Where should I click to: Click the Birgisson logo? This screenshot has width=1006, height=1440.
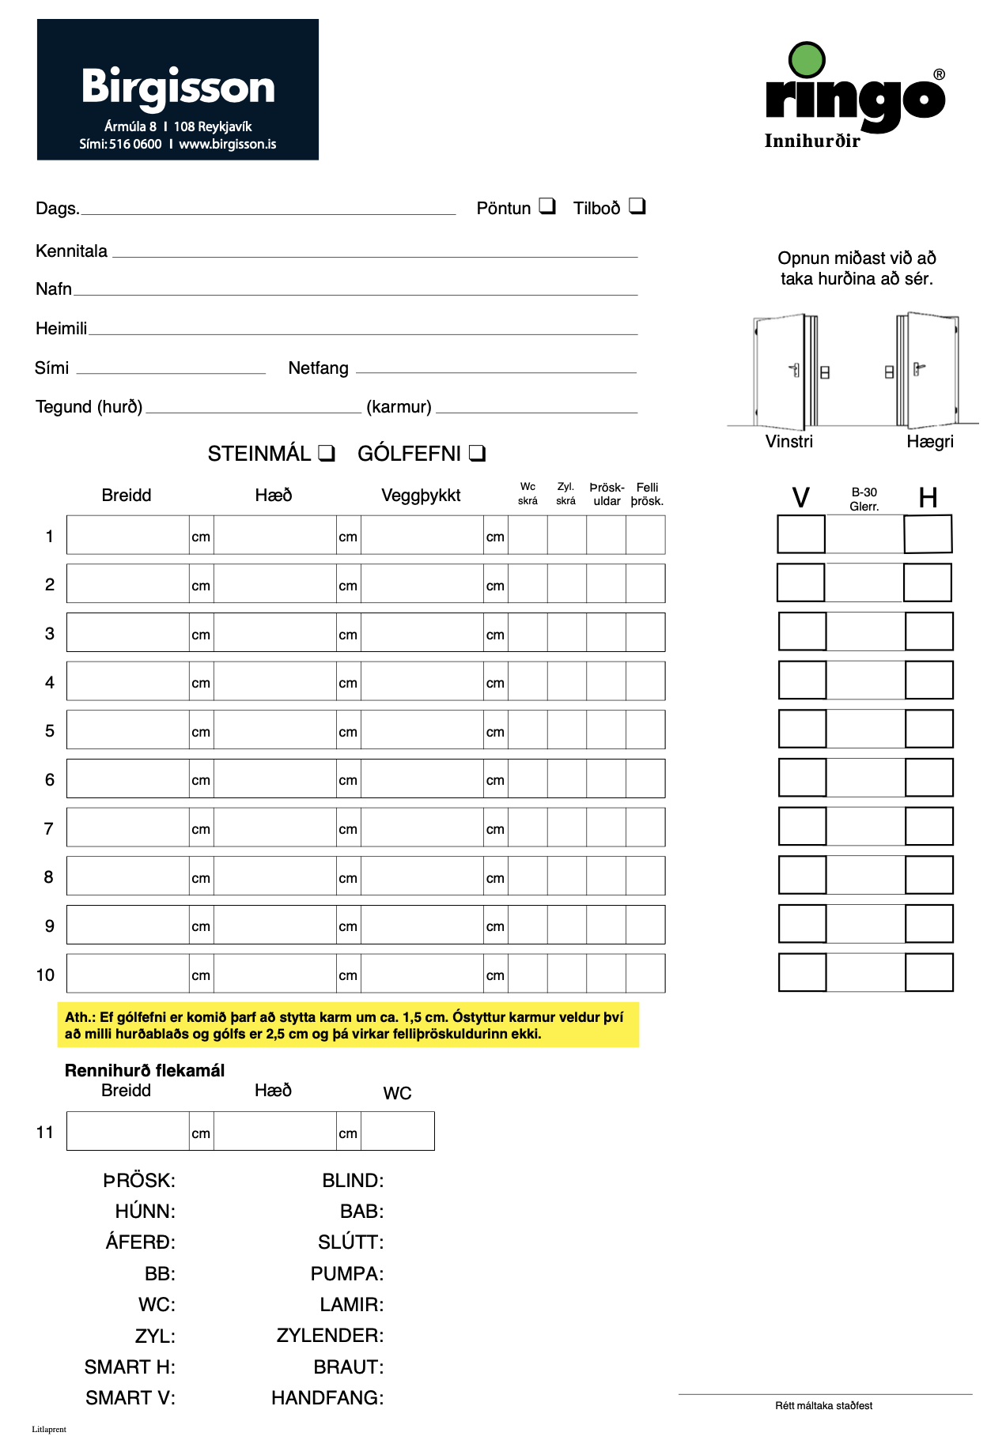point(177,89)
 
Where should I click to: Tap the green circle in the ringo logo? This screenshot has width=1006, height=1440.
point(807,60)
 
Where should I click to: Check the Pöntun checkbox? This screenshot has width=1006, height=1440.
point(547,206)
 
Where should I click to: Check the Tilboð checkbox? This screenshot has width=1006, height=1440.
point(637,206)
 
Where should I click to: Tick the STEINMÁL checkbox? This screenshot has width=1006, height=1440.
point(327,454)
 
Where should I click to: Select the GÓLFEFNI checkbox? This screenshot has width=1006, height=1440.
point(477,454)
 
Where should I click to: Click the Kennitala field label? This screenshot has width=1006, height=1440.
point(71,251)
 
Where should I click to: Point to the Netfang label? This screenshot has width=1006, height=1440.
point(318,368)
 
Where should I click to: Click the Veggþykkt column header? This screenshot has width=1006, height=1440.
point(421,496)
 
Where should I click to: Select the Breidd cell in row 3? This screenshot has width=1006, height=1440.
point(127,632)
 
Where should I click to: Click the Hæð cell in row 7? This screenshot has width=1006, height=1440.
point(274,827)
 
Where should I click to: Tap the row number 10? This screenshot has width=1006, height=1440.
point(45,975)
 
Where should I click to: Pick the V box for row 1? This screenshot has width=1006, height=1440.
point(801,534)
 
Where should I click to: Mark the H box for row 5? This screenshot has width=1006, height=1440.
point(929,729)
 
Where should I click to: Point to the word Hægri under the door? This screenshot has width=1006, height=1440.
point(930,442)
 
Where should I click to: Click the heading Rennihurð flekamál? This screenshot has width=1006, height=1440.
point(145,1071)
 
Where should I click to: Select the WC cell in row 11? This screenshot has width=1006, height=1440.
point(397,1131)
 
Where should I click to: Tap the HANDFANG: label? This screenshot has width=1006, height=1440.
point(327,1398)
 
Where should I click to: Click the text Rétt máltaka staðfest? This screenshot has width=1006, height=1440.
point(823,1406)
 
